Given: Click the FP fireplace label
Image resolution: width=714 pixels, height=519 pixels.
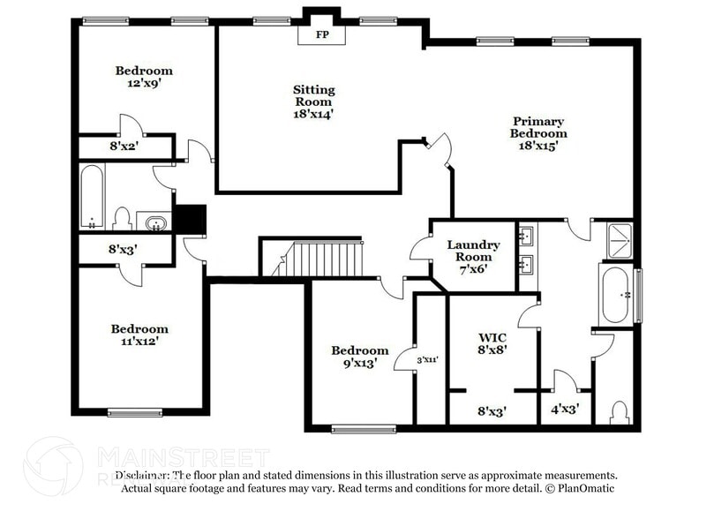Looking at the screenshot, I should coord(320,36).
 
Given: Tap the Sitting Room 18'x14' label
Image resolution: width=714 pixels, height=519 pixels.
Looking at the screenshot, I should coord(314,101).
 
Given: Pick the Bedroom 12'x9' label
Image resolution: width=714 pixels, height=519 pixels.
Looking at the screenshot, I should coord(144,77).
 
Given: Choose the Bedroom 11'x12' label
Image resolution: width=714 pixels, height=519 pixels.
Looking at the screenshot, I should coord(139,335).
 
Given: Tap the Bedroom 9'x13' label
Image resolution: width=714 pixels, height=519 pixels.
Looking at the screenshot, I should coord(360,356).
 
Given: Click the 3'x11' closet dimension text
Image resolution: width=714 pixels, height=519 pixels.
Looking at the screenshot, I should coord(428,359).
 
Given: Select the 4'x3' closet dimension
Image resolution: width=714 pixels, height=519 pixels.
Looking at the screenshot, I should coord(565,410).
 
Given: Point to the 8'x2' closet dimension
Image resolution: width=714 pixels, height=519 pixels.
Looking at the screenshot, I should coord(124,146).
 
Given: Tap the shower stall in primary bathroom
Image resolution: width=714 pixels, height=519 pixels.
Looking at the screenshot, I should coord(620,240).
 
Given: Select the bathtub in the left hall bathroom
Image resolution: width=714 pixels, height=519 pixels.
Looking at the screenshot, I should coord(93,195).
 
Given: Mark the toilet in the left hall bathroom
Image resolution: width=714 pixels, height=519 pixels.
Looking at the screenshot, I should coord(123,218).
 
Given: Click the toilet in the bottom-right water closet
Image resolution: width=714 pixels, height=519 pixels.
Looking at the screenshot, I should coord(620,412).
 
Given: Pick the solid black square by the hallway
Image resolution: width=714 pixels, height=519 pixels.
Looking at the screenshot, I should coord(189,218).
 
